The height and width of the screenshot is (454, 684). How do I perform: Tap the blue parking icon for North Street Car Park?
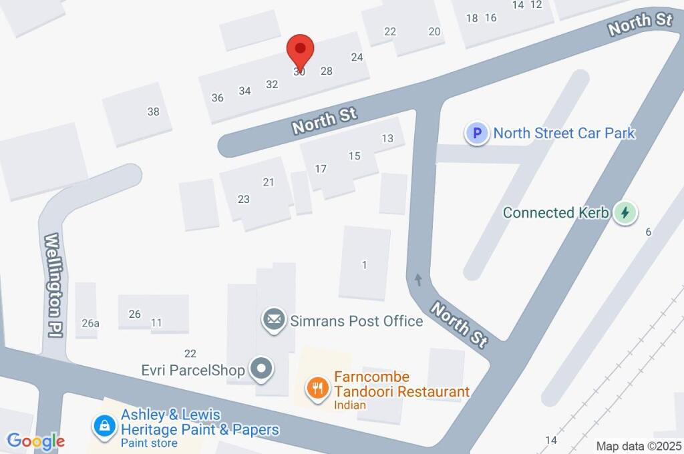pos(476,134)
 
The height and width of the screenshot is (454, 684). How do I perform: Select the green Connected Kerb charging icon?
pos(625,213)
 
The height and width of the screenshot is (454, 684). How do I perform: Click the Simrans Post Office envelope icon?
pos(273,320)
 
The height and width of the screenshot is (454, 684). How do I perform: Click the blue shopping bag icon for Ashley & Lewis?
pos(105,424)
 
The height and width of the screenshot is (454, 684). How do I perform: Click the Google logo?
pos(35,441)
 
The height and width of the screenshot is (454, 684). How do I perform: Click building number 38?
pos(154,111)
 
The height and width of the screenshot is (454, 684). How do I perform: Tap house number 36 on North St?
pos(218,97)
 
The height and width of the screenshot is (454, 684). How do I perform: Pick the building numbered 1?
pos(364,265)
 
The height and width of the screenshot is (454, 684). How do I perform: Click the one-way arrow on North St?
pos(418,278)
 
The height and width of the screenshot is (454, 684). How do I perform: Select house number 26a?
pos(91,323)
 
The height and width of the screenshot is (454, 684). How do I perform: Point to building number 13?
pos(387,138)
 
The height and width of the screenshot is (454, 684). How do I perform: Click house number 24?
pos(357,57)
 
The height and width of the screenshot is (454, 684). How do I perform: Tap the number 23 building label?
pos(244,199)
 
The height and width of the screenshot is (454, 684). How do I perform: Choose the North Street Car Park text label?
pos(564,134)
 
